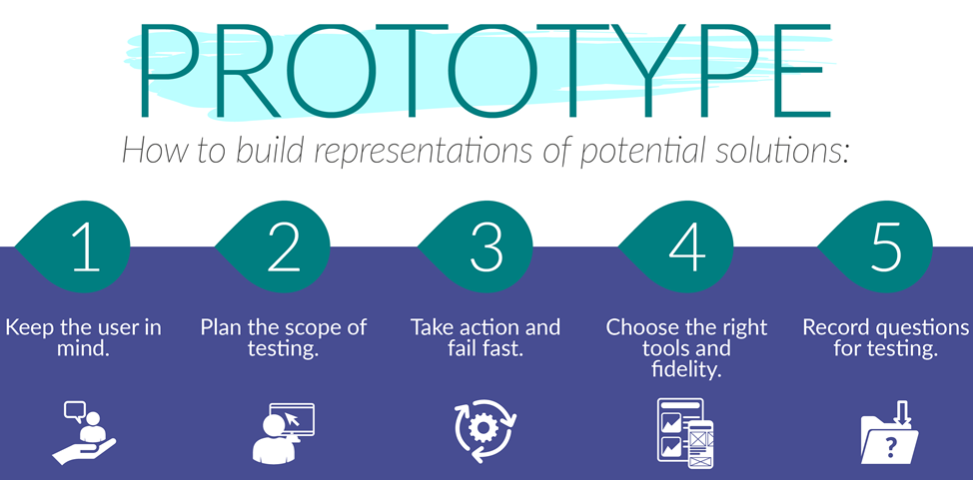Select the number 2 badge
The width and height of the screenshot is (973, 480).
285,248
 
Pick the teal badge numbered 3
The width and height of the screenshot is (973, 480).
486,248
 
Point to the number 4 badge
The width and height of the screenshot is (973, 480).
687,248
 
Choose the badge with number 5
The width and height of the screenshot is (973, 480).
886,248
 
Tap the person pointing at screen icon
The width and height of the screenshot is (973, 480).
284,433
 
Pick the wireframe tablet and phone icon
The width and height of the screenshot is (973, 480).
686,430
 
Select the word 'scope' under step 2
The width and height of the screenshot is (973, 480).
309,327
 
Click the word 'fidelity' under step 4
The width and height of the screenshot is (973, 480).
685,370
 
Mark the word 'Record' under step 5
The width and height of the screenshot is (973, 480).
837,327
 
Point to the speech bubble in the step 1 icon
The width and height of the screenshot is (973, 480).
74,409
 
